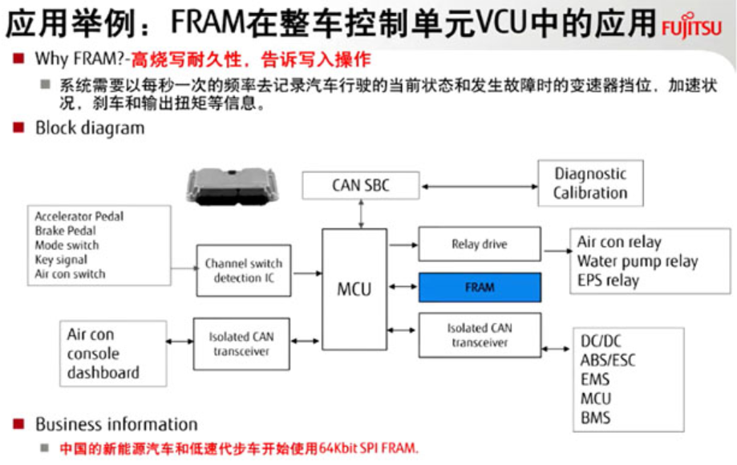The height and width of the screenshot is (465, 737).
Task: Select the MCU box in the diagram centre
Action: click(x=354, y=288)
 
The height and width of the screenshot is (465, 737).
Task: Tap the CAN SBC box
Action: click(x=361, y=186)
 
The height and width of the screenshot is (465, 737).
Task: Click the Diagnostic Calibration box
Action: click(x=589, y=183)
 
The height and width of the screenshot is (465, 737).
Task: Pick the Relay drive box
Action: click(x=479, y=245)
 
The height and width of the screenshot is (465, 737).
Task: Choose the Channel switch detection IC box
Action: click(x=244, y=270)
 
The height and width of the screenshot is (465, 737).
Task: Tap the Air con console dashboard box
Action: click(x=113, y=354)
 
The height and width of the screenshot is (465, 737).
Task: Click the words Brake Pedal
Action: click(x=65, y=231)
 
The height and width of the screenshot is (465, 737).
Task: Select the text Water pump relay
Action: click(x=638, y=261)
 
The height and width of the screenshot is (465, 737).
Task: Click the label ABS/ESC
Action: click(x=608, y=360)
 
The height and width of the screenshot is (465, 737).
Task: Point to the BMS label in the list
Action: click(x=595, y=418)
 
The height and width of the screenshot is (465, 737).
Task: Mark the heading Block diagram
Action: click(x=90, y=128)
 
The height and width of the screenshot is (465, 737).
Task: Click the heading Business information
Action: click(x=116, y=424)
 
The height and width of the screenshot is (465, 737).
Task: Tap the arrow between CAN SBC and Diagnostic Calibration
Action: click(x=479, y=186)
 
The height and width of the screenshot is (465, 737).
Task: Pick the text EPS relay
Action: click(x=608, y=281)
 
